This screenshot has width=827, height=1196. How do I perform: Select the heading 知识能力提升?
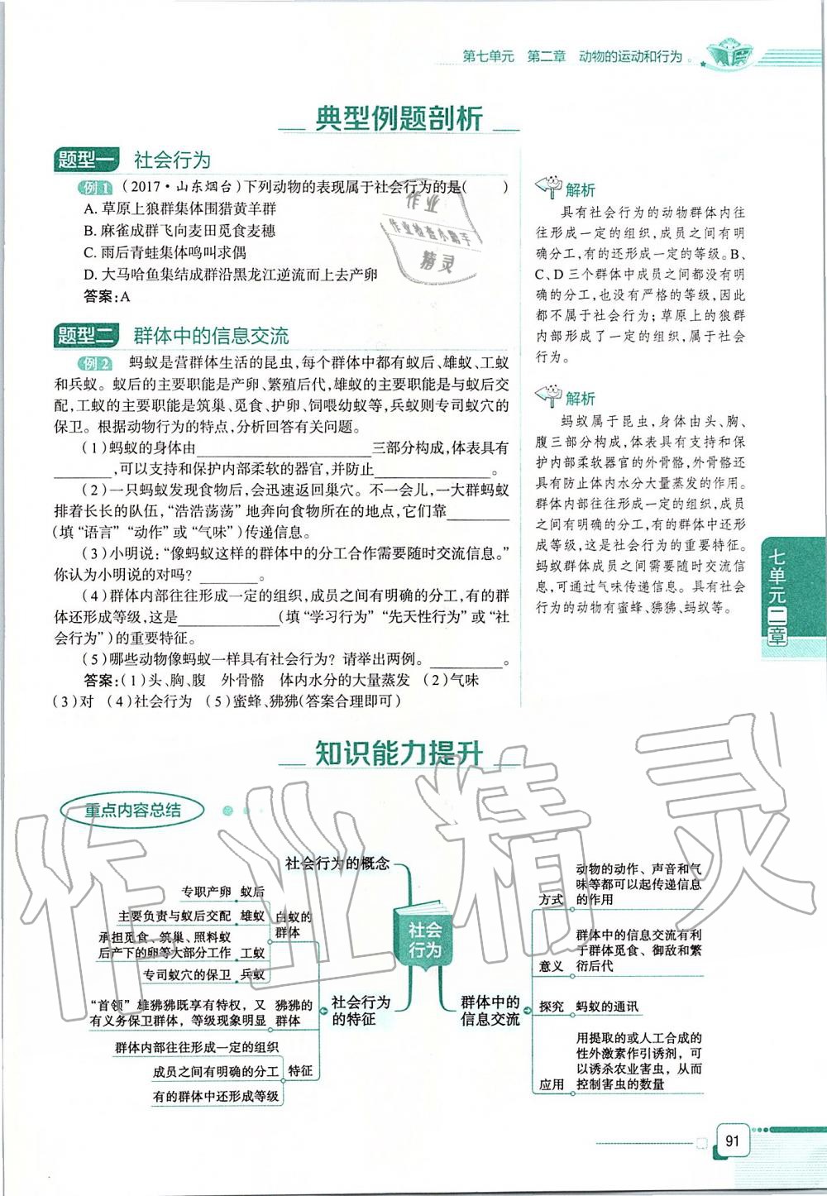click(399, 753)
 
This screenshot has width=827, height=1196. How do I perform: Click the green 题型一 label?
click(86, 160)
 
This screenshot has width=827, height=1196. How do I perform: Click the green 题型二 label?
click(86, 336)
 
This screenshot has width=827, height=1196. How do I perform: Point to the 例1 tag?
click(93, 188)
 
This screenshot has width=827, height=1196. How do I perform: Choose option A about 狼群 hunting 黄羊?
click(180, 209)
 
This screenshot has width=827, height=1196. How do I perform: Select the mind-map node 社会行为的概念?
click(337, 864)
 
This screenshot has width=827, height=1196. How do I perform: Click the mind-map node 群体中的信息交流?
click(490, 1011)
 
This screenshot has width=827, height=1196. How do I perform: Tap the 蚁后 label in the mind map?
click(252, 892)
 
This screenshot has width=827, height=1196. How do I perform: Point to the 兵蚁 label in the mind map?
click(252, 974)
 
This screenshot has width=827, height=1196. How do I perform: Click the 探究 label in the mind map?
click(552, 1007)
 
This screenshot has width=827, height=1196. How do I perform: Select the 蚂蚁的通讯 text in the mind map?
click(607, 1007)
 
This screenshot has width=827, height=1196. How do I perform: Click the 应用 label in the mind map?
click(552, 1084)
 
